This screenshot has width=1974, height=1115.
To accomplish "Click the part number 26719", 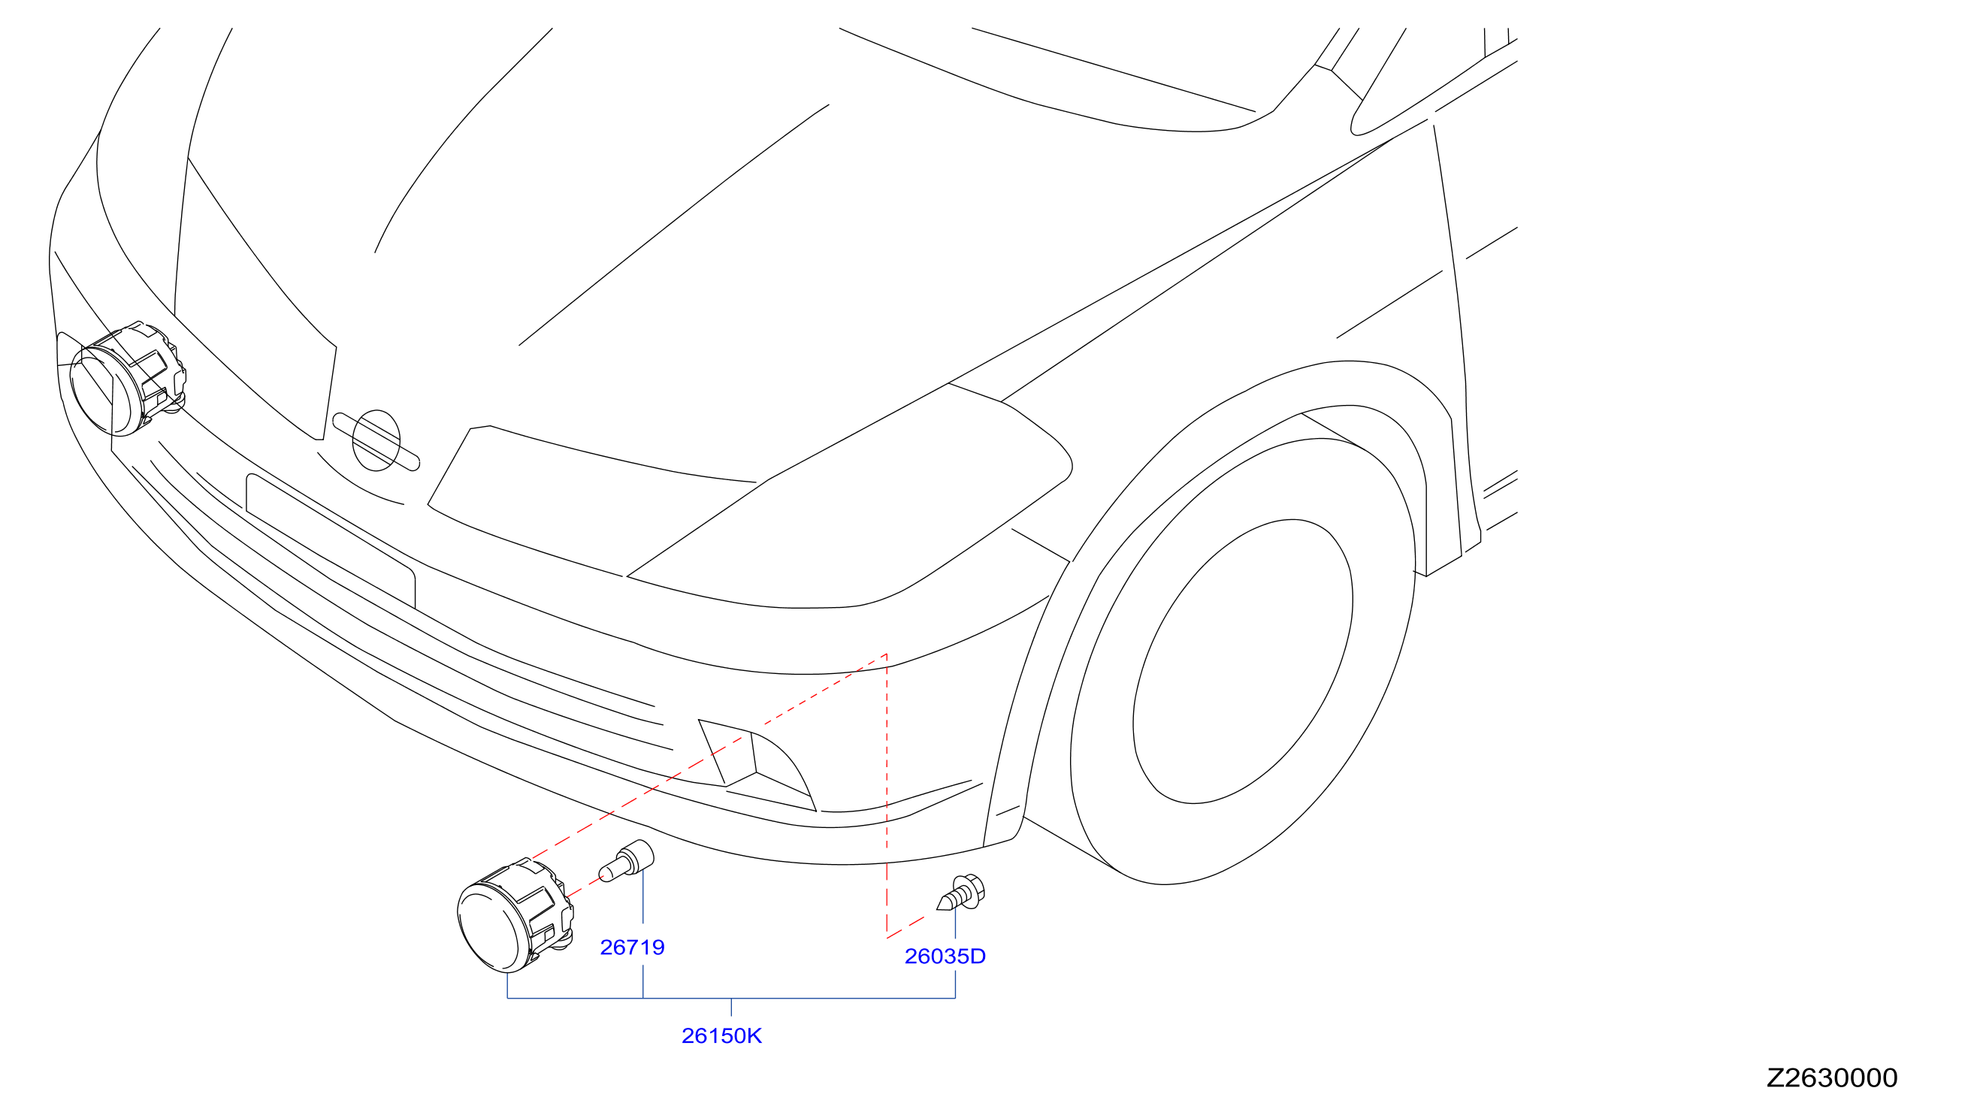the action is click(x=632, y=948).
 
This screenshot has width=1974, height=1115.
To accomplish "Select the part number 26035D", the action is click(x=945, y=956).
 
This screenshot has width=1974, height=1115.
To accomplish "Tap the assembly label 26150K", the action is click(x=722, y=1036).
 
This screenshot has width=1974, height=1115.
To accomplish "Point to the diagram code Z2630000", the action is click(x=1831, y=1078).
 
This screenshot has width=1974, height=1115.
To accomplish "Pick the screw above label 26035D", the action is click(x=961, y=893).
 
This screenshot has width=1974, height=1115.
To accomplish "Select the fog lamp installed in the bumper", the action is click(x=127, y=379).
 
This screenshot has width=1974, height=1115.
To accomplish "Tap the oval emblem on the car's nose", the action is click(x=376, y=440).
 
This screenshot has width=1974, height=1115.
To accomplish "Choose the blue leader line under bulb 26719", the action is click(x=643, y=896).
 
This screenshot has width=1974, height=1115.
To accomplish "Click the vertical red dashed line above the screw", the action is click(x=887, y=796).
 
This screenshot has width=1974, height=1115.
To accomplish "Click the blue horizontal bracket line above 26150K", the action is click(x=731, y=998).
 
